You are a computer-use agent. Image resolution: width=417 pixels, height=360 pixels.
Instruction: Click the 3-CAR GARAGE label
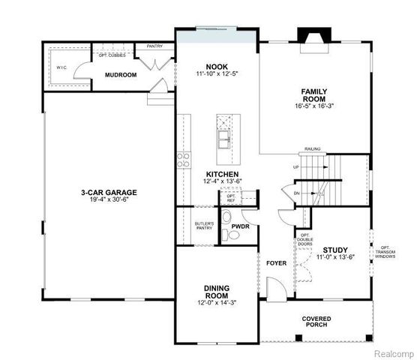click(109, 192)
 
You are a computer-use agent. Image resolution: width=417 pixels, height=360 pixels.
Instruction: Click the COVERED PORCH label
click(316, 321)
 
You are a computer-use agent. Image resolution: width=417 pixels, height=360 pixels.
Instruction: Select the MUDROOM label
click(120, 74)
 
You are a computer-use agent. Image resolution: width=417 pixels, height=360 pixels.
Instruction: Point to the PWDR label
click(240, 225)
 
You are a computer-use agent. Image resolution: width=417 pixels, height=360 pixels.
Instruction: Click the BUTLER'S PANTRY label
click(205, 226)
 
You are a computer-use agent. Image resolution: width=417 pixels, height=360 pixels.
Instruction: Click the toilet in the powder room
click(232, 236)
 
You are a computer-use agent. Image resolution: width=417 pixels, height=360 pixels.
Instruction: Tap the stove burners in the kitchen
click(182, 158)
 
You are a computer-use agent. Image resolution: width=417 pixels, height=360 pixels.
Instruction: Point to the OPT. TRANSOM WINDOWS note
click(386, 252)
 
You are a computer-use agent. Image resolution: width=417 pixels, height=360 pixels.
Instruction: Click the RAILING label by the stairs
click(313, 149)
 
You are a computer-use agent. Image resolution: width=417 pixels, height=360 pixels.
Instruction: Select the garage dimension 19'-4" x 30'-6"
click(109, 200)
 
